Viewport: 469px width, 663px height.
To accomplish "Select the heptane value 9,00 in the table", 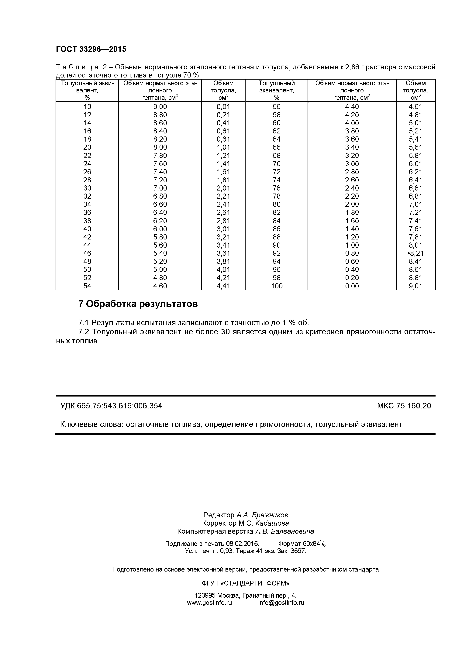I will [x=160, y=107].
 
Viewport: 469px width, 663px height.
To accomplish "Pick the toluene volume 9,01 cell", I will [x=415, y=286].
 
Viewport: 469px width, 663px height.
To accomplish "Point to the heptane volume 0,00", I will [x=352, y=286].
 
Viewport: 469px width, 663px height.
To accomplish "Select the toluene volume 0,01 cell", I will [x=223, y=107].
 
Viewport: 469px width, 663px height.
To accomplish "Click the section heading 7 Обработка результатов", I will [x=138, y=304].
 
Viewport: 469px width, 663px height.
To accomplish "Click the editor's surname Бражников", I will [x=270, y=515].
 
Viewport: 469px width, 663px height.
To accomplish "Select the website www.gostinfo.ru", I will [x=209, y=603].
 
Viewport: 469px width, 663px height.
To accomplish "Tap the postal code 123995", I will [x=205, y=595].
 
